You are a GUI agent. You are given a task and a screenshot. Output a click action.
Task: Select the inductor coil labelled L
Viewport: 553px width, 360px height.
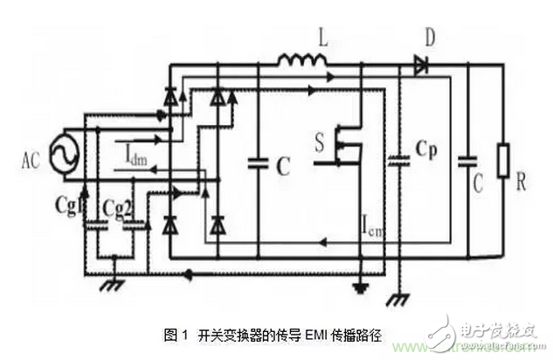click(302, 60)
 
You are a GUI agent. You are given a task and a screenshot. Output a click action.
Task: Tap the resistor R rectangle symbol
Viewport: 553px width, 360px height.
click(501, 162)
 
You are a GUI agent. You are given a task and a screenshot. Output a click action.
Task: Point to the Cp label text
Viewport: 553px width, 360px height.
click(425, 148)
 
